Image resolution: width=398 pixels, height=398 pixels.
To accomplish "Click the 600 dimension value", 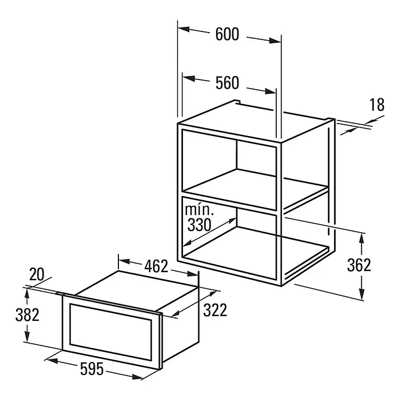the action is point(227,34).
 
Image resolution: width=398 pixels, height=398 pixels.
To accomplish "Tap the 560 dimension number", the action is point(227,83).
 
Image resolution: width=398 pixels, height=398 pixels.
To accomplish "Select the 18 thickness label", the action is point(377,105).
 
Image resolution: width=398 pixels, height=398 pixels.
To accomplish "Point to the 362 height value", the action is point(359,265).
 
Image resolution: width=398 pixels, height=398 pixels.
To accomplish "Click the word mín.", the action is point(199,210).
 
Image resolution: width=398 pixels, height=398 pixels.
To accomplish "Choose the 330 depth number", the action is point(199,225).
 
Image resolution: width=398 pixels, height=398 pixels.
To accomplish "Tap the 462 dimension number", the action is point(156,266).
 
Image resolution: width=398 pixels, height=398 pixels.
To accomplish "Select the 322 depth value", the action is point(215,310).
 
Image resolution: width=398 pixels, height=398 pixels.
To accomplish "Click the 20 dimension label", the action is point(37,274).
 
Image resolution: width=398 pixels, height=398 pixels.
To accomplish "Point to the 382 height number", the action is point(27,315).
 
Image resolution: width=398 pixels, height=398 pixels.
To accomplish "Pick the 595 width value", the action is point(92,369).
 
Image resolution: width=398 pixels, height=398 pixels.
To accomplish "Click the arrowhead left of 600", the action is point(184,29).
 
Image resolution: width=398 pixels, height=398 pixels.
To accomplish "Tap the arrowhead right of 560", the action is point(270,91).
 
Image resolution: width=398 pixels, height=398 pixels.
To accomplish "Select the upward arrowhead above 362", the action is point(362,240).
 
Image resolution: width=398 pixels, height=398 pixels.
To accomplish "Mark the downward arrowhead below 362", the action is point(362,294).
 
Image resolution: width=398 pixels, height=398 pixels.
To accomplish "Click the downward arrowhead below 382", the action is point(27,336).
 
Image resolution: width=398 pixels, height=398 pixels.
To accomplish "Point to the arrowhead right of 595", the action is point(137,377).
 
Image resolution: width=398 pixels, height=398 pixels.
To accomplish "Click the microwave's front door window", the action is point(110,332).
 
